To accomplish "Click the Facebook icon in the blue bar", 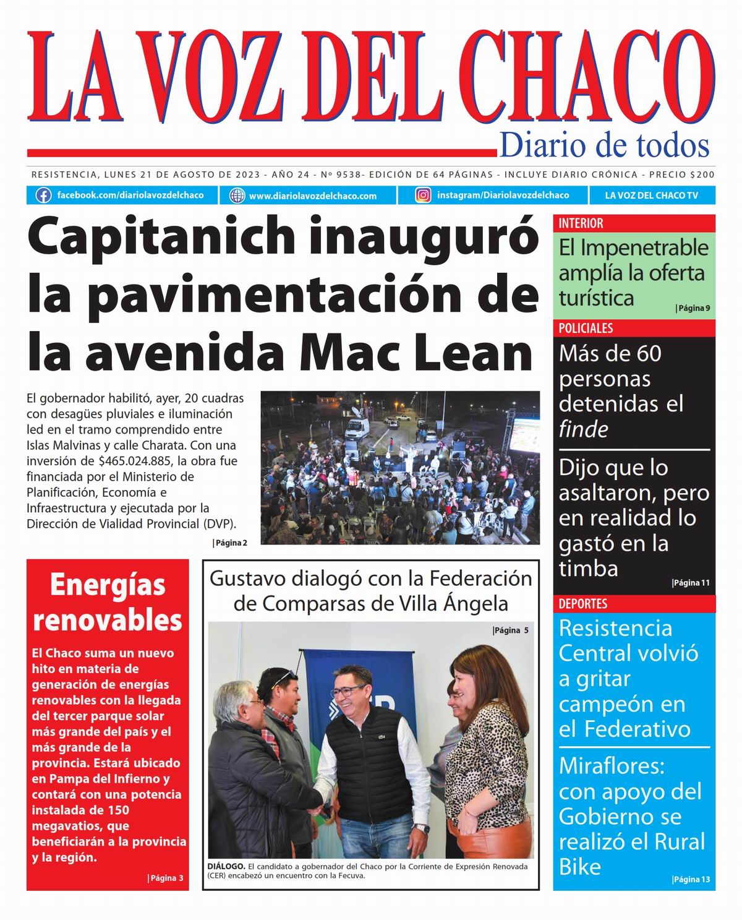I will click(43, 196).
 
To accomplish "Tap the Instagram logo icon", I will click(423, 196).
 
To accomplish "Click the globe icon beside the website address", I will click(237, 196).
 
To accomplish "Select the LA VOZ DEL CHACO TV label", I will click(651, 196).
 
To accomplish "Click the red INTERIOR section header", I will click(581, 223).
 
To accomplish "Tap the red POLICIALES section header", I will click(586, 329).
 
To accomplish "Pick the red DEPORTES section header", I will click(583, 604).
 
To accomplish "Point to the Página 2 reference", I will click(231, 543).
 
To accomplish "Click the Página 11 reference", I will click(691, 583).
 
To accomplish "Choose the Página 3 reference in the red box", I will click(166, 878).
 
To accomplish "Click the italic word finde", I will click(584, 429).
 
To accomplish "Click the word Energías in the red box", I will click(108, 585).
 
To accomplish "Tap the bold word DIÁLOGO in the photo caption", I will click(226, 866).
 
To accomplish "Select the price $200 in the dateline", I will click(702, 175).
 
